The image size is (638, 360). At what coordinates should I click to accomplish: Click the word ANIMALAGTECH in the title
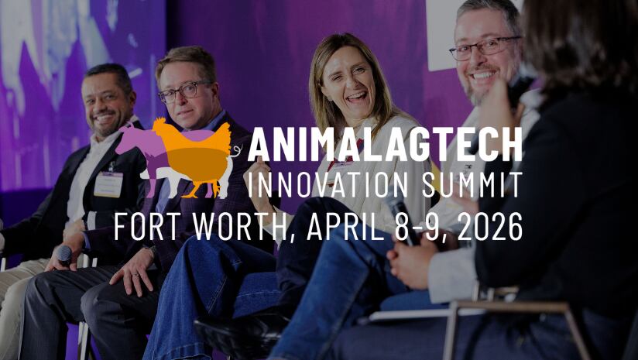tap(385, 145)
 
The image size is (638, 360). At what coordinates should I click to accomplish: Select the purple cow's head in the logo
tap(127, 139)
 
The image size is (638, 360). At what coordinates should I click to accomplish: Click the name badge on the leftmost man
tap(108, 184)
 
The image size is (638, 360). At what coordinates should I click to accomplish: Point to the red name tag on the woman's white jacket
tap(341, 164)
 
